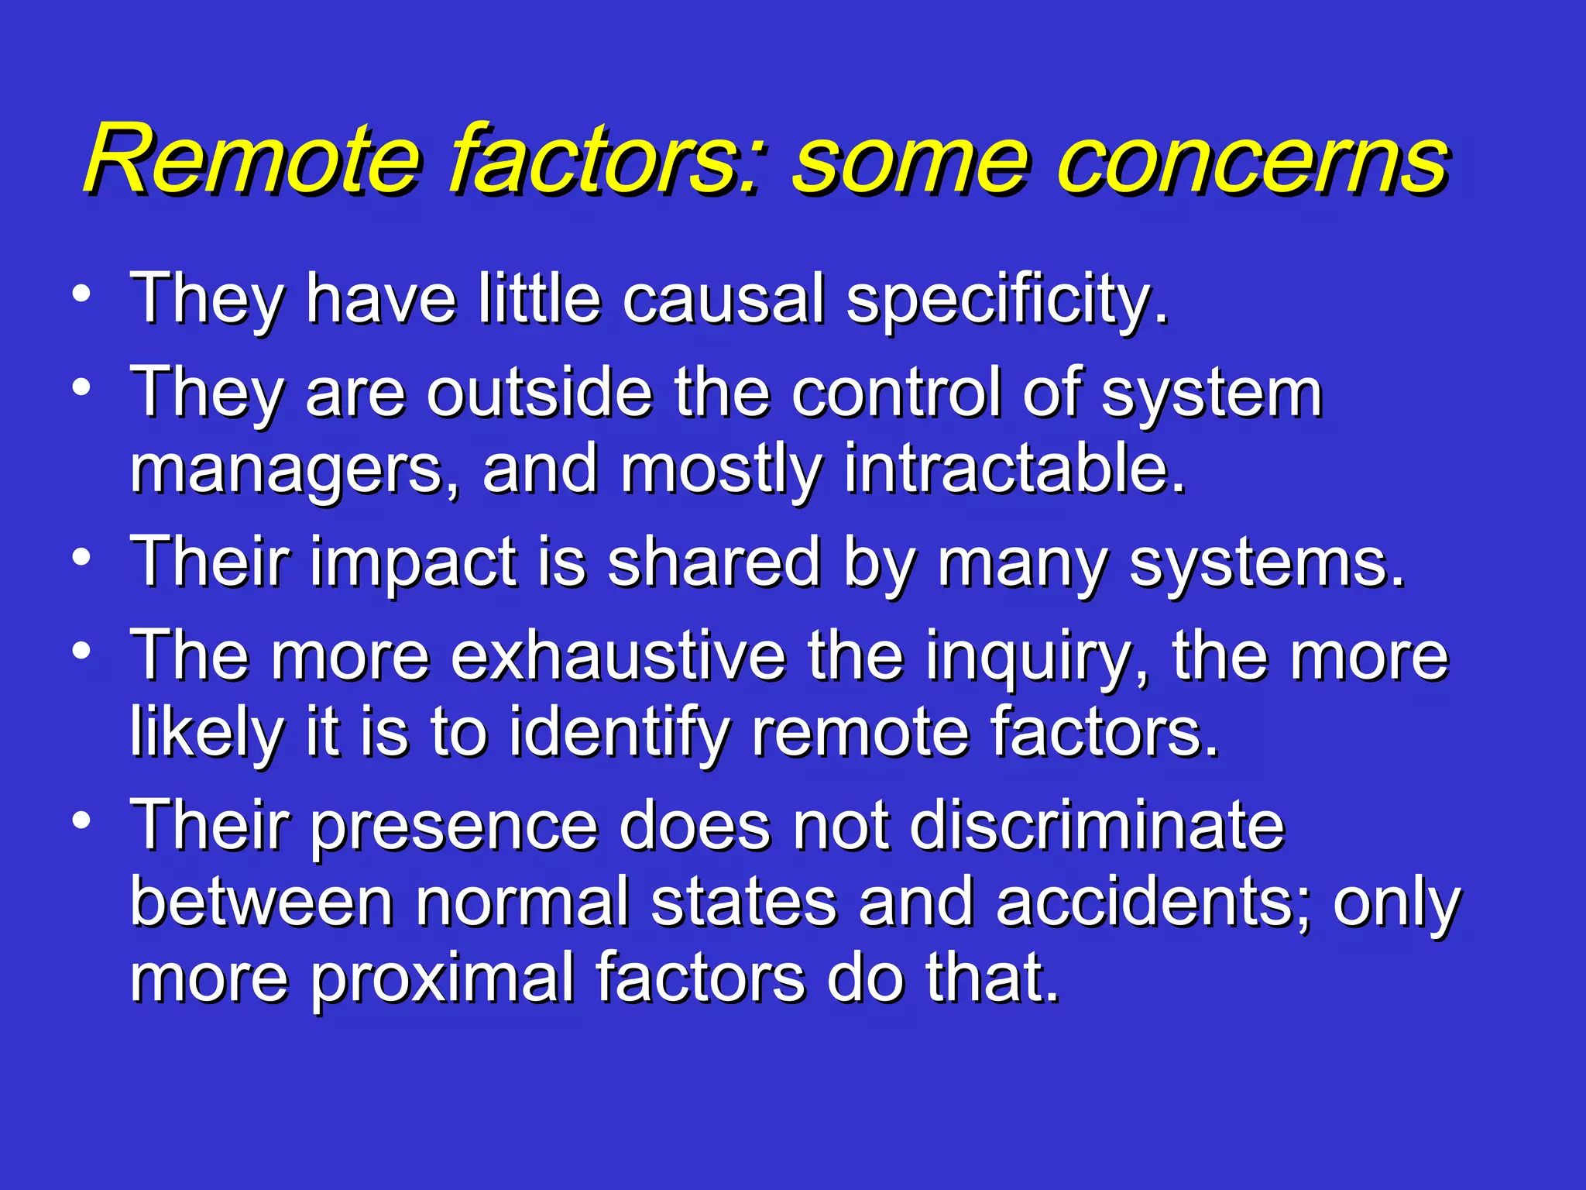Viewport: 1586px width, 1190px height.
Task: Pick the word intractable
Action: click(x=1014, y=469)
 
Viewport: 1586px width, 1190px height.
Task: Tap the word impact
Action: click(x=414, y=564)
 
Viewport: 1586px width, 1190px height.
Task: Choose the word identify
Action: click(x=620, y=733)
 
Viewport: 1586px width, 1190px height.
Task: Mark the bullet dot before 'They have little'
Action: click(x=82, y=294)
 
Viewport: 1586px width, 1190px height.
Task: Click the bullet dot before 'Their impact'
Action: click(x=82, y=558)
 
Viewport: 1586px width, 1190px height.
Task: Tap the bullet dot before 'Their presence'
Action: click(x=82, y=820)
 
